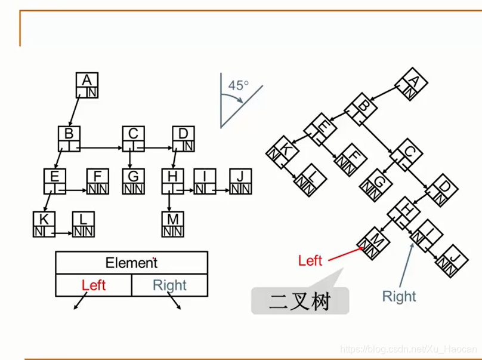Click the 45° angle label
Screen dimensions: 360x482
tap(237, 85)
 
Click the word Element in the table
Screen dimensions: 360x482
tap(131, 263)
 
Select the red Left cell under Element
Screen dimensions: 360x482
tap(94, 285)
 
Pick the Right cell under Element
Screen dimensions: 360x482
tap(169, 285)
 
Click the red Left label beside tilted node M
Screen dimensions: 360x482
tap(310, 260)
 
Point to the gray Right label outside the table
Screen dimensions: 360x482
tap(399, 296)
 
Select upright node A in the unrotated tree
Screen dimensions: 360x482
tap(87, 85)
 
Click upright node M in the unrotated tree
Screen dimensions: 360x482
tap(173, 224)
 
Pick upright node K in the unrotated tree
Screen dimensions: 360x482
tap(44, 224)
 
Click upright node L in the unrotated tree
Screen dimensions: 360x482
tap(84, 224)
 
